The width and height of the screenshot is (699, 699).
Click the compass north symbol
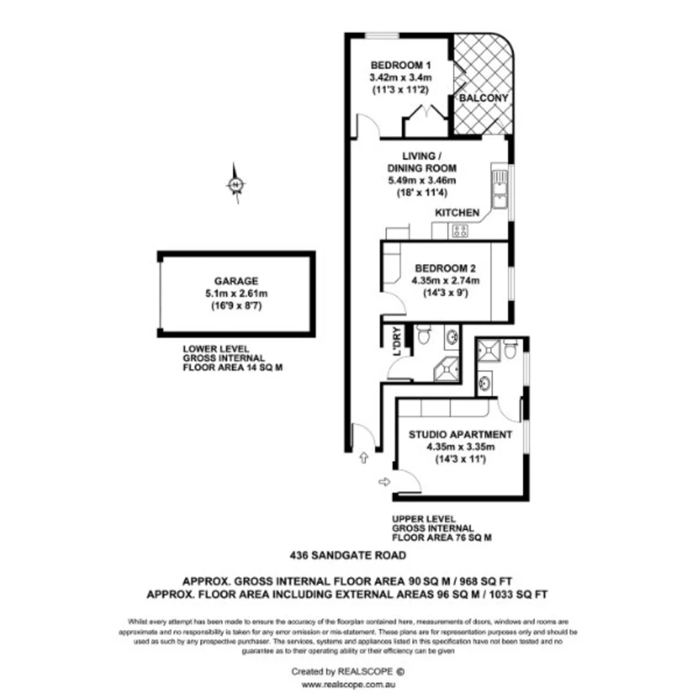coord(236,185)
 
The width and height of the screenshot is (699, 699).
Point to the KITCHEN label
coord(457,213)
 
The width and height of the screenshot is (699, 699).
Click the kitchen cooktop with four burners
coord(460,230)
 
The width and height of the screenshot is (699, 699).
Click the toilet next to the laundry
coord(424,335)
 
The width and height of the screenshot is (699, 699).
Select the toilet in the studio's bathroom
coord(511,350)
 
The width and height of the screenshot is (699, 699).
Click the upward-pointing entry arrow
coord(363,458)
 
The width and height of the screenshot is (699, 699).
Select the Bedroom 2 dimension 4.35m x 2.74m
coord(446,280)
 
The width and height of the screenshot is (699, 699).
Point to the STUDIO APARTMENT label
coord(460,434)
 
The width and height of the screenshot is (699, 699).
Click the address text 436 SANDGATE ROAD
coord(348,555)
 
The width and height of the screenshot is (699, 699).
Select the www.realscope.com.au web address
coord(349,684)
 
